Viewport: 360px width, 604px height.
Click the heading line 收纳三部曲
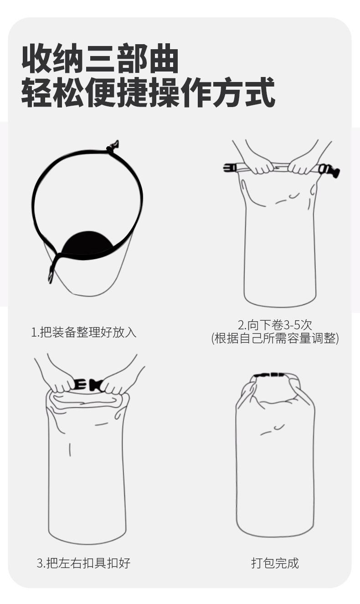point(100,58)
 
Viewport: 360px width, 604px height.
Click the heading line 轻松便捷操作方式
point(148,92)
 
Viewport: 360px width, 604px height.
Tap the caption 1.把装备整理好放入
point(84,332)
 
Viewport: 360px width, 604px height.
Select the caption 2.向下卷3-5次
point(275,325)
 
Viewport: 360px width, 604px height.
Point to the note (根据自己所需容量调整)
point(275,338)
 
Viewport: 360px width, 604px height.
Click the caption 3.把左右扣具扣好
point(83,563)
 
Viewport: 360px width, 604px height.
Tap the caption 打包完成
point(275,563)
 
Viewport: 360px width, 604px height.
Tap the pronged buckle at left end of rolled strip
point(230,168)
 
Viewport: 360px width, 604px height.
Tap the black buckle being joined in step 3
point(88,385)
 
